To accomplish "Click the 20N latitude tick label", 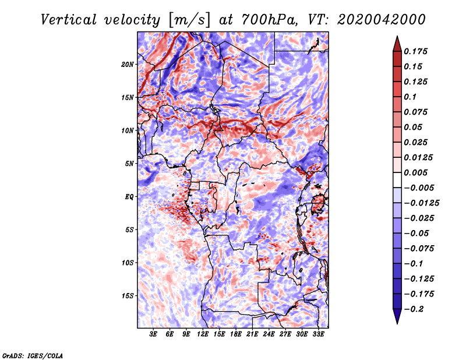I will pos(128,64).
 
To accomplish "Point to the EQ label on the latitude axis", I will pos(129,197).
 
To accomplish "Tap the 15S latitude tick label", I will pos(128,296).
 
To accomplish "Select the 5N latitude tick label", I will pos(129,164).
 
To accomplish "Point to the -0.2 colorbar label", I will pos(415,309).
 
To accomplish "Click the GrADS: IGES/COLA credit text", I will pos(32,355).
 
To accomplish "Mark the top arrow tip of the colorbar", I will pos(397,38).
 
